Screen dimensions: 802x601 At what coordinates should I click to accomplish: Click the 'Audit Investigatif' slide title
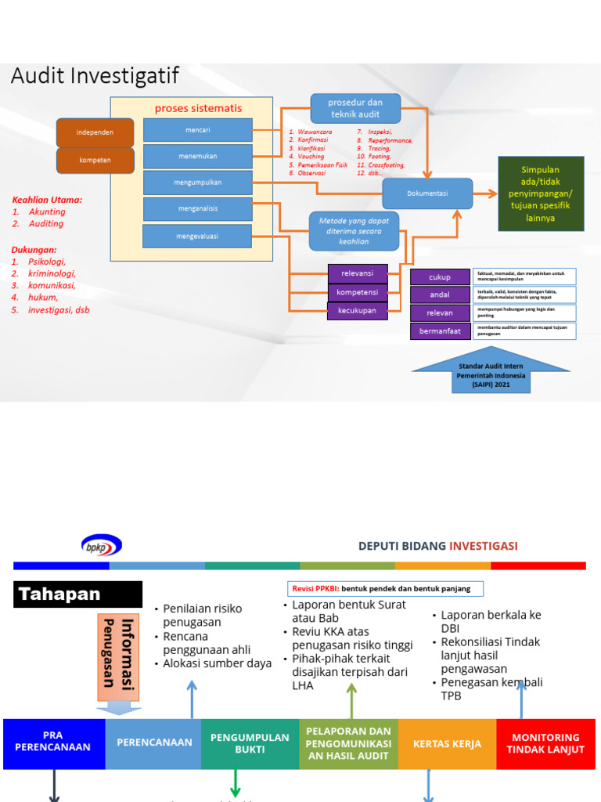[95, 76]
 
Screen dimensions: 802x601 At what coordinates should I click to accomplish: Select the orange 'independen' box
[95, 132]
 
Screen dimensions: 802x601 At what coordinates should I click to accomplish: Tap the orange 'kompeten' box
[95, 160]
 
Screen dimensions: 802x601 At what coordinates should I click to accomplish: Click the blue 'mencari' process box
[198, 130]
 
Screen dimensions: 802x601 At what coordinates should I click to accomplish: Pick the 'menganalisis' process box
[198, 209]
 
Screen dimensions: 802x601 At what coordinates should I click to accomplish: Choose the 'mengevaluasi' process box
[197, 236]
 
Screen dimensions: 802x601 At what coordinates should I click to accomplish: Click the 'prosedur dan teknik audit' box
[355, 108]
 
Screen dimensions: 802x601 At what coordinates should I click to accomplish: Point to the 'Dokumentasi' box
[427, 193]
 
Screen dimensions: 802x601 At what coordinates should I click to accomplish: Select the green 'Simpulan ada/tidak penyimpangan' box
[541, 193]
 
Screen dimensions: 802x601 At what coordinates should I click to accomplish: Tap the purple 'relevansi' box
[357, 273]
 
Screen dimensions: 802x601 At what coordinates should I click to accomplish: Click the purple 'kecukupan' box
[357, 311]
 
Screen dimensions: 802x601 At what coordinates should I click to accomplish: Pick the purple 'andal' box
[440, 295]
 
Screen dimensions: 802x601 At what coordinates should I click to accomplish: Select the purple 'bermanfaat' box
[440, 331]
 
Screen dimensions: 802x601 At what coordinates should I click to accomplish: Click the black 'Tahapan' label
[78, 594]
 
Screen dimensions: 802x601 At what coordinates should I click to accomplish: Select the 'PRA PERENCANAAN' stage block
[54, 742]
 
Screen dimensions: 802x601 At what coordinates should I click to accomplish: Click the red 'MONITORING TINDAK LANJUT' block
[545, 742]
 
